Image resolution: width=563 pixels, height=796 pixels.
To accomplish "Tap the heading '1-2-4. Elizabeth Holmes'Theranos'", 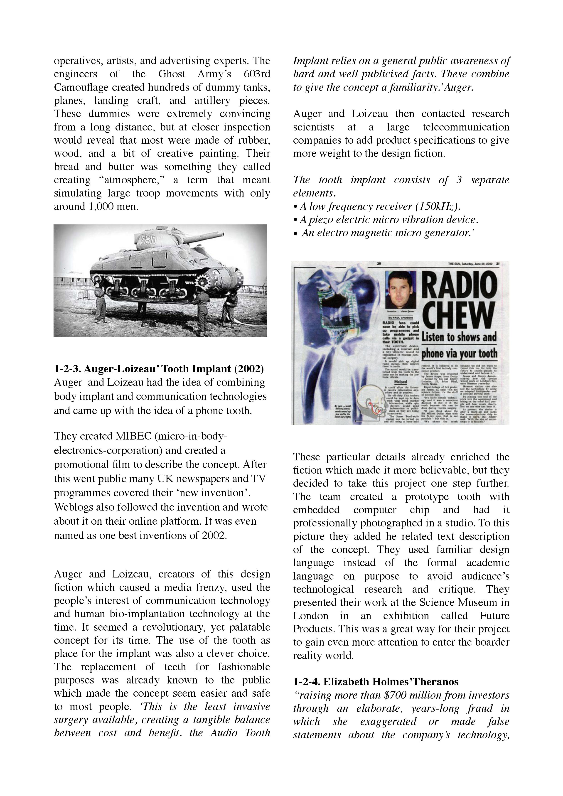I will [376, 682].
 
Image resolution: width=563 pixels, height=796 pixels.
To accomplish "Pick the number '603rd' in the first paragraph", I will [257, 74].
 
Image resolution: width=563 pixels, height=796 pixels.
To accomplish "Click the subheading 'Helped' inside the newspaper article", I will [401, 382].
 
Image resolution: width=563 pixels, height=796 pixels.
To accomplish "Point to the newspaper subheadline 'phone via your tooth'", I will [459, 354].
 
